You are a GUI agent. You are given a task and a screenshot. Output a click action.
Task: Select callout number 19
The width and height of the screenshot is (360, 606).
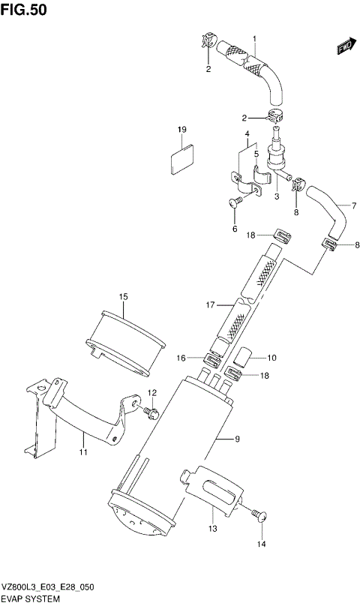tap(181, 130)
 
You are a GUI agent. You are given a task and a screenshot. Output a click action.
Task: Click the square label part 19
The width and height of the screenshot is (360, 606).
tap(182, 160)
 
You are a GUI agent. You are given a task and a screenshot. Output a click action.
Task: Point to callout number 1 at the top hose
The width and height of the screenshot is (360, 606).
tap(254, 38)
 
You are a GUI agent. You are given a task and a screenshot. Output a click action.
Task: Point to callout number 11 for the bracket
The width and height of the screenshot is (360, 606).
tap(83, 451)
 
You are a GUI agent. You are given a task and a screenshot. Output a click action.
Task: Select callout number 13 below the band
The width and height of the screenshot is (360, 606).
tap(212, 529)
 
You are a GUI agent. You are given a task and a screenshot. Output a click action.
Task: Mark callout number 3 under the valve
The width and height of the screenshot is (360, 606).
tap(276, 196)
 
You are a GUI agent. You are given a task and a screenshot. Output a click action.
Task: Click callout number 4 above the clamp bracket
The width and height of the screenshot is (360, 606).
tap(245, 135)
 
